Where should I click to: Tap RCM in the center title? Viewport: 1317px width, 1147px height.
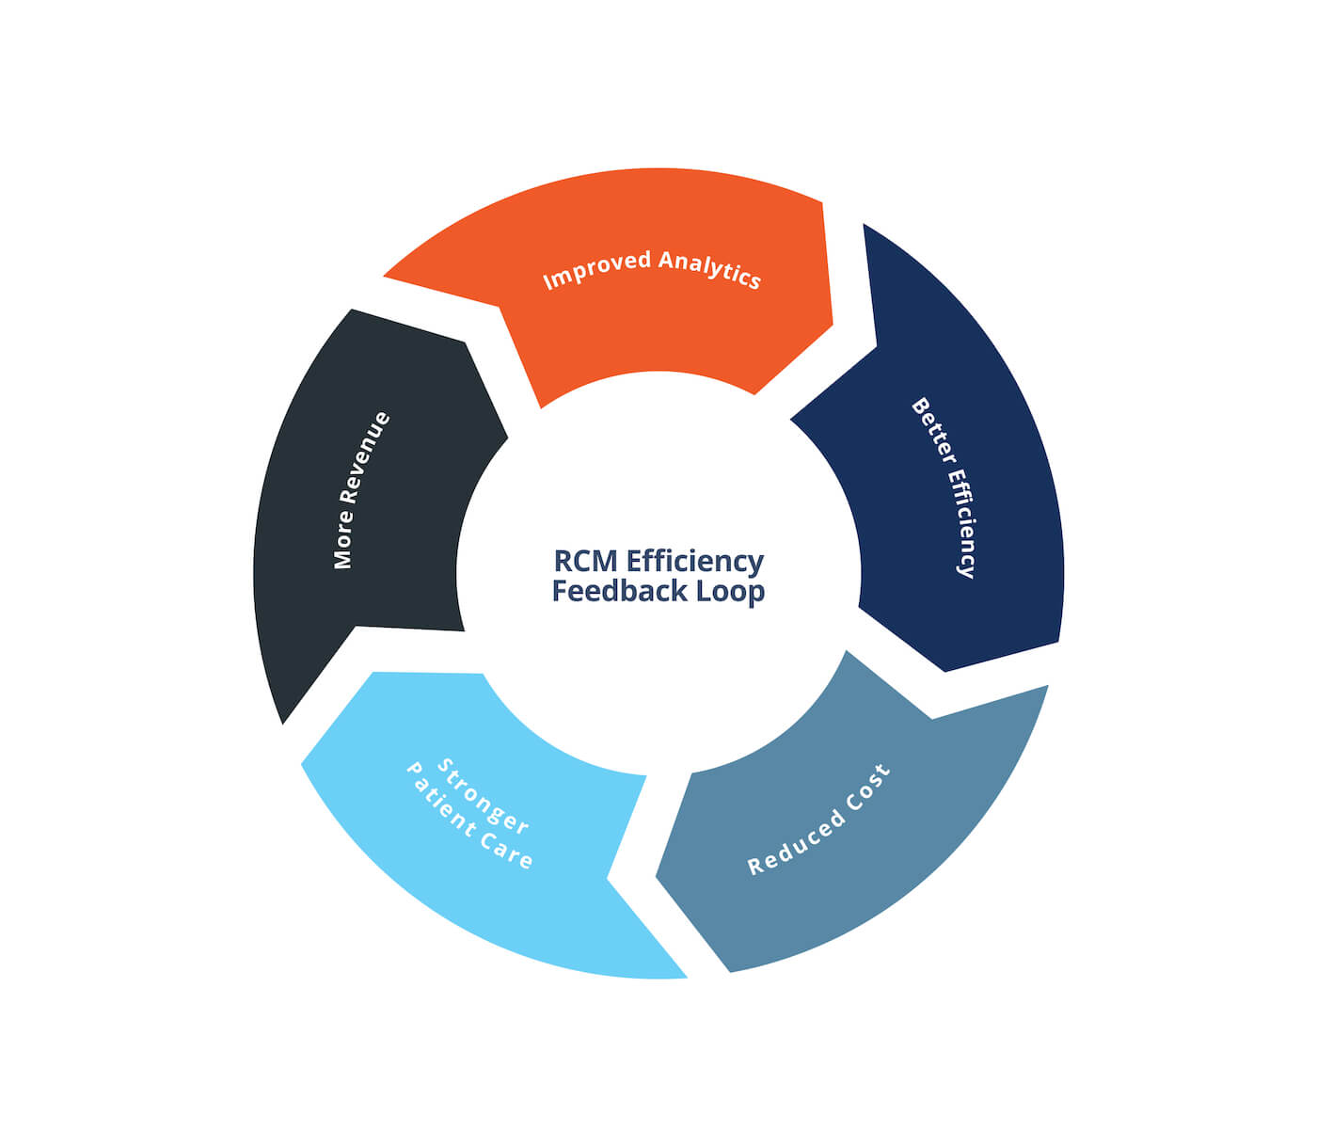pos(585,561)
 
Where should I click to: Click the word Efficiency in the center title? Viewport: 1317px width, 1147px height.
pos(695,561)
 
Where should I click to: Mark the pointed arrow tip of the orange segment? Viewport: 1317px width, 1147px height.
pos(831,325)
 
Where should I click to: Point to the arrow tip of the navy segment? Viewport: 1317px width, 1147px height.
pos(944,670)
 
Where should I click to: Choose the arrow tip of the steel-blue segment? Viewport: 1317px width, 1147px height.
pos(658,879)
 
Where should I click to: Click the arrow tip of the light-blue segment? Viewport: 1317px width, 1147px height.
pos(303,763)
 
